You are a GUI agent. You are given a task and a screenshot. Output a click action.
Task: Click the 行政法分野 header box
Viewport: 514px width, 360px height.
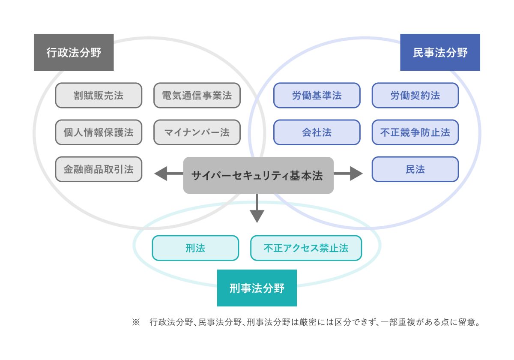[x=74, y=52]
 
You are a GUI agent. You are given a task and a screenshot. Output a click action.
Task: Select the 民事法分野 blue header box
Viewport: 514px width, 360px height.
[x=440, y=52]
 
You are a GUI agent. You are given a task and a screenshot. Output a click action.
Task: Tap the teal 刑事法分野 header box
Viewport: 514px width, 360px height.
[x=257, y=288]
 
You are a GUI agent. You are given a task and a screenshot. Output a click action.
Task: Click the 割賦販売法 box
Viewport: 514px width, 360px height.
[x=99, y=95]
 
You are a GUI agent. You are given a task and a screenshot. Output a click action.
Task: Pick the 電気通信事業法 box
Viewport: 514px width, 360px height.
[x=197, y=95]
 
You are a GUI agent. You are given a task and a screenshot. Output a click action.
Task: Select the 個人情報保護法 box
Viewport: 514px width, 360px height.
[x=99, y=132]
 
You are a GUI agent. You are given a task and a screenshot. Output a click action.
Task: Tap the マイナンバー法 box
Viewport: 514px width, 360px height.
[x=197, y=132]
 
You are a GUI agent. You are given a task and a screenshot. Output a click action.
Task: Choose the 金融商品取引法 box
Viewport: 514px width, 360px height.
[x=99, y=169]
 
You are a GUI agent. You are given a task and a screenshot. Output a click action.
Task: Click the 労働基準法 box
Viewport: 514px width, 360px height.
[x=317, y=95]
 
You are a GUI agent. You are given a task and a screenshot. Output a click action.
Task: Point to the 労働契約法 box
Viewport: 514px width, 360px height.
[x=415, y=95]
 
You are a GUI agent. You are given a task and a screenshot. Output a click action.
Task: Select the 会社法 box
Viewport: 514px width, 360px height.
[x=317, y=132]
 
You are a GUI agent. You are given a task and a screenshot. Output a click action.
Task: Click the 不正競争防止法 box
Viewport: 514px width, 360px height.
[x=415, y=132]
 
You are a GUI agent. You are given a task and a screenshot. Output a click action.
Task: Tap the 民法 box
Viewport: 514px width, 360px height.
[x=415, y=169]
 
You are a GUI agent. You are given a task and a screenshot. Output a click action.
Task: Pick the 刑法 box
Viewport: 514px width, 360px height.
[x=195, y=248]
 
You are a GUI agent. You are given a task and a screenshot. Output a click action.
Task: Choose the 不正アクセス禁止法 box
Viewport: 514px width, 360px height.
[x=306, y=248]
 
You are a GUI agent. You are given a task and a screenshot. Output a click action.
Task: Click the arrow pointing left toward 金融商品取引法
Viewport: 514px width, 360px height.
[x=167, y=174]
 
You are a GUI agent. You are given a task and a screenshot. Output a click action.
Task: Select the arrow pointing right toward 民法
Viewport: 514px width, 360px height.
[x=349, y=174]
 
